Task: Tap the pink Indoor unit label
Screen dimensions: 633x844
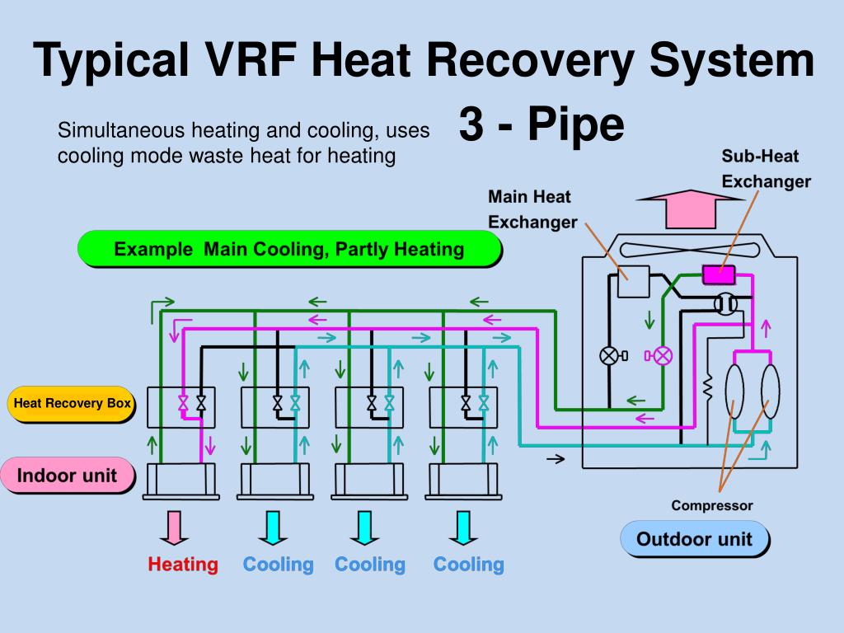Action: coord(68,475)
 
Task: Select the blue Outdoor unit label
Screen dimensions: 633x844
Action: coord(696,539)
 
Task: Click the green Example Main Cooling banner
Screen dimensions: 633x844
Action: coord(288,249)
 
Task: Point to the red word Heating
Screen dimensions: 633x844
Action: coord(183,565)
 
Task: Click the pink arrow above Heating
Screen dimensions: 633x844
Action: coord(174,528)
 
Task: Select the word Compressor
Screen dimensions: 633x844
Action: coord(712,505)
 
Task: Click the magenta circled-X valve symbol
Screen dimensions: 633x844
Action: coord(662,355)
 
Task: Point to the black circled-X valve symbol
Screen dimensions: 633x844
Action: coord(609,355)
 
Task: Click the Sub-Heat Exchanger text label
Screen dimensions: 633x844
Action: coord(766,168)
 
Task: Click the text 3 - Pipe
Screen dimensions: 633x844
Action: coord(541,125)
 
